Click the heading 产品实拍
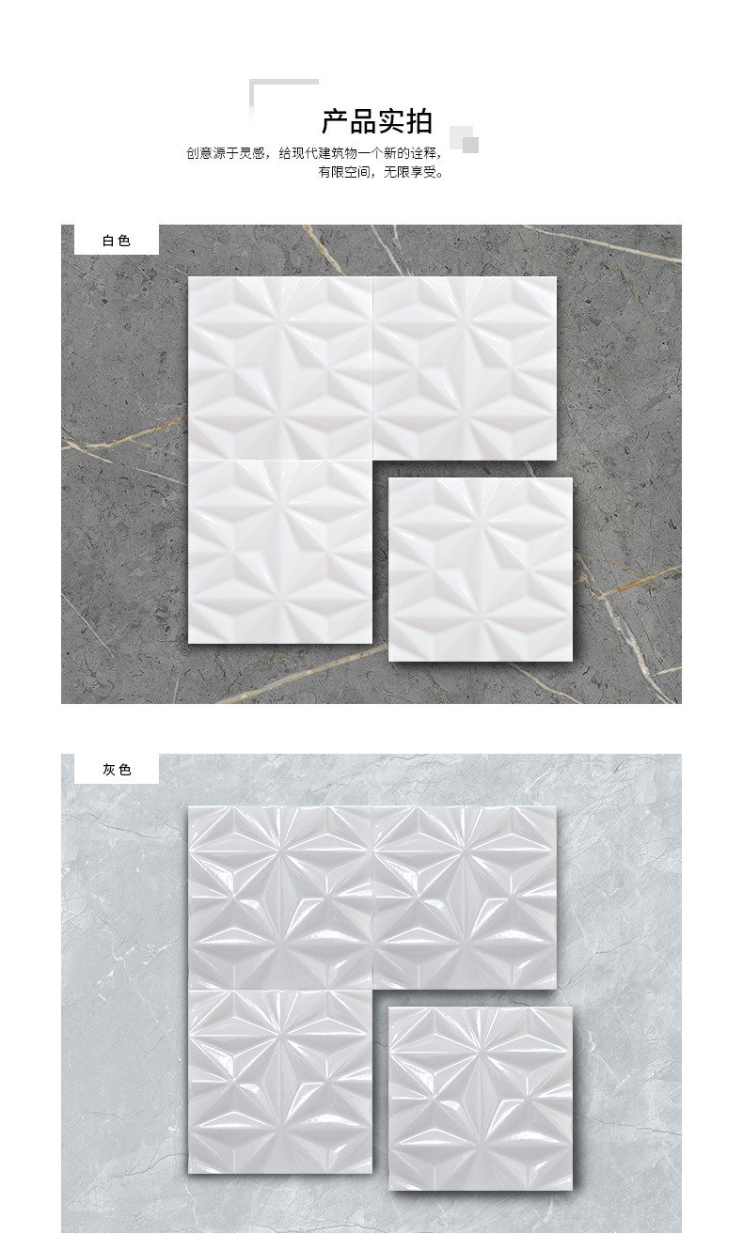(x=377, y=121)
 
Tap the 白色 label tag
(x=117, y=240)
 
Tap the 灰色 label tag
(x=117, y=770)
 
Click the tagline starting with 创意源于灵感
(x=314, y=153)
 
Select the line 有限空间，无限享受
(x=381, y=172)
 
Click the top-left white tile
(x=280, y=368)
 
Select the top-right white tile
(x=465, y=368)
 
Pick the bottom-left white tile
(x=280, y=552)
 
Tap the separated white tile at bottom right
(x=481, y=570)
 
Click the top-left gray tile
(x=280, y=898)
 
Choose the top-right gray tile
(x=465, y=898)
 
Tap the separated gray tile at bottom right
(x=481, y=1098)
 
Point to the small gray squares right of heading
(x=465, y=139)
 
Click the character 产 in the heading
(x=335, y=121)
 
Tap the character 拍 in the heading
(x=419, y=121)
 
